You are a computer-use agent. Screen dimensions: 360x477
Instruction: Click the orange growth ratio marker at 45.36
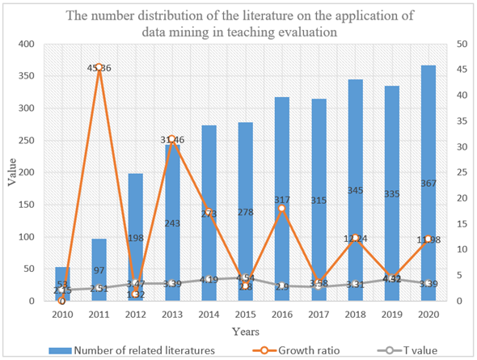pos(99,68)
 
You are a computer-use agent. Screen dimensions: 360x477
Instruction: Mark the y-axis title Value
pos(11,172)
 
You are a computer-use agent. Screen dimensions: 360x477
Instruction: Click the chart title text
pos(239,22)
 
